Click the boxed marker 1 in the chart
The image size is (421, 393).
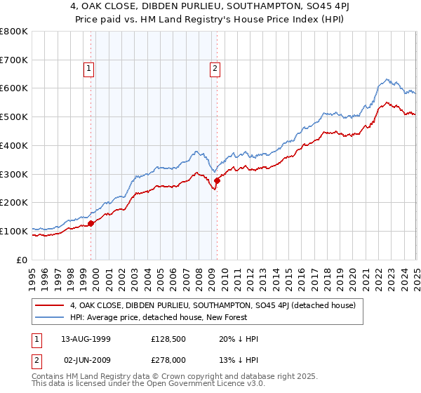(x=90, y=68)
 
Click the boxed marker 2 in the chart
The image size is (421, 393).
(x=214, y=68)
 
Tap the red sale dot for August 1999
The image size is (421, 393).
(x=91, y=224)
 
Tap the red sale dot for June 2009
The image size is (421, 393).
(x=217, y=181)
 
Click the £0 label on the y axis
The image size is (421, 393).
(x=22, y=260)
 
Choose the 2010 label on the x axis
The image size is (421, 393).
(x=225, y=277)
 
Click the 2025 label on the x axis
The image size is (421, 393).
(x=416, y=277)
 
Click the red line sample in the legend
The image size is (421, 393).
(x=50, y=305)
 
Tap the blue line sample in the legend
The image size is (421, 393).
(x=50, y=317)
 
